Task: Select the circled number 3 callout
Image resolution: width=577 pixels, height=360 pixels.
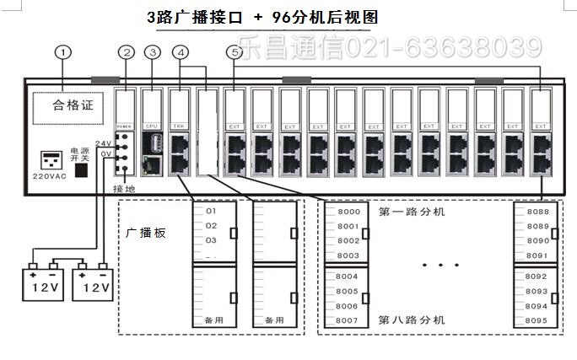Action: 153,52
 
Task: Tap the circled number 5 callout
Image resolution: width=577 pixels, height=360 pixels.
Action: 234,52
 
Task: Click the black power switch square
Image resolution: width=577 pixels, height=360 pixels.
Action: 82,169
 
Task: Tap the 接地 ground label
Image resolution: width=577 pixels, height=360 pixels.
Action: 123,191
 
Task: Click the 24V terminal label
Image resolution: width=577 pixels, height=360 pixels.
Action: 104,142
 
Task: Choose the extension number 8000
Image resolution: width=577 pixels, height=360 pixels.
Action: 348,212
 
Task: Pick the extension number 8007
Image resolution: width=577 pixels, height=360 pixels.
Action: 348,320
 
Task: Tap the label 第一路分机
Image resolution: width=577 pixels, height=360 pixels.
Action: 412,212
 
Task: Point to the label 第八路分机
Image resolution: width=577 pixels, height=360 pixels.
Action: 412,320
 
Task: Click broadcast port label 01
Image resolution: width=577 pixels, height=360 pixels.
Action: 211,211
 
